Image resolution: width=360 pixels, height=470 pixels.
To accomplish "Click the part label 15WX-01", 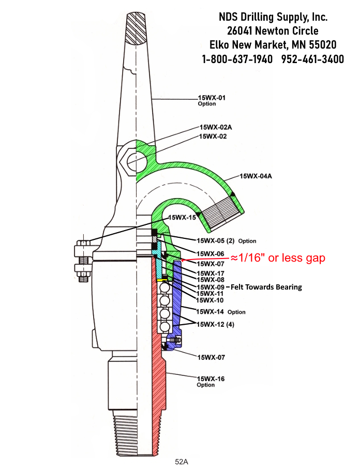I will coord(212,97).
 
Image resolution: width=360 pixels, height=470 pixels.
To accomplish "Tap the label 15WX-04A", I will coord(256,176).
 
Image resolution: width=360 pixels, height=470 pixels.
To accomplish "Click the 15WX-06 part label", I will coord(210,254).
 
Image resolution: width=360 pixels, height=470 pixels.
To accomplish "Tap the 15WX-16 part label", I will coord(211,379).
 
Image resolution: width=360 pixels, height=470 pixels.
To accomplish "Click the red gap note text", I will coord(277,258).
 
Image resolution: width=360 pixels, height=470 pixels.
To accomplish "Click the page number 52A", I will coord(181,461).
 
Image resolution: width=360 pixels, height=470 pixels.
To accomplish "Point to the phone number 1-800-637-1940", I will coord(237,59).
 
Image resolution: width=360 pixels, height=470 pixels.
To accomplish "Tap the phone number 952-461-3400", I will coord(312,59).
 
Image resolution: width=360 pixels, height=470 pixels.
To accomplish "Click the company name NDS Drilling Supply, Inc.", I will coord(273,17).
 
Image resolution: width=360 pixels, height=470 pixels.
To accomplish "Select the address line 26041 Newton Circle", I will coord(273,31).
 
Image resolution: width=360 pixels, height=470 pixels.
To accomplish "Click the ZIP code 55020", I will coord(323,45).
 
